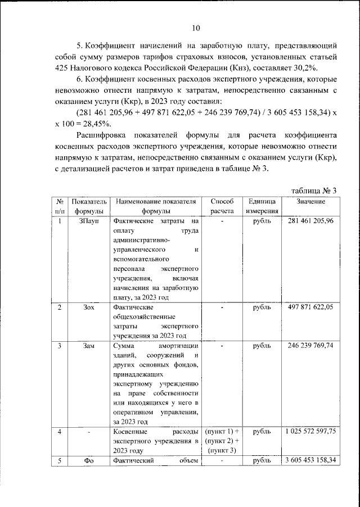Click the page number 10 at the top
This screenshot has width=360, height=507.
pyautogui.click(x=196, y=28)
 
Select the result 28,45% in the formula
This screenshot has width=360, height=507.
pyautogui.click(x=94, y=124)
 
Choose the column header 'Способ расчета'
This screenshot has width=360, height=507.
pyautogui.click(x=222, y=206)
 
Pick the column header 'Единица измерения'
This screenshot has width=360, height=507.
pyautogui.click(x=260, y=206)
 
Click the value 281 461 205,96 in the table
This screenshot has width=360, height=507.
pyautogui.click(x=310, y=221)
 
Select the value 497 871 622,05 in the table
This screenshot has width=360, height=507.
pyautogui.click(x=310, y=307)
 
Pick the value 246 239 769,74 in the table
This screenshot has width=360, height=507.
pyautogui.click(x=310, y=346)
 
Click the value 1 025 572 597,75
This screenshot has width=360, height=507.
pyautogui.click(x=310, y=431)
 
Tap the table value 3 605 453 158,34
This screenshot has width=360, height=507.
pyautogui.click(x=310, y=461)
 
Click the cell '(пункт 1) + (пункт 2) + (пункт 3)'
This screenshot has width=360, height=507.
pyautogui.click(x=222, y=441)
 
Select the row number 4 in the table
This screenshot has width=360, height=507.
pyautogui.click(x=60, y=431)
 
